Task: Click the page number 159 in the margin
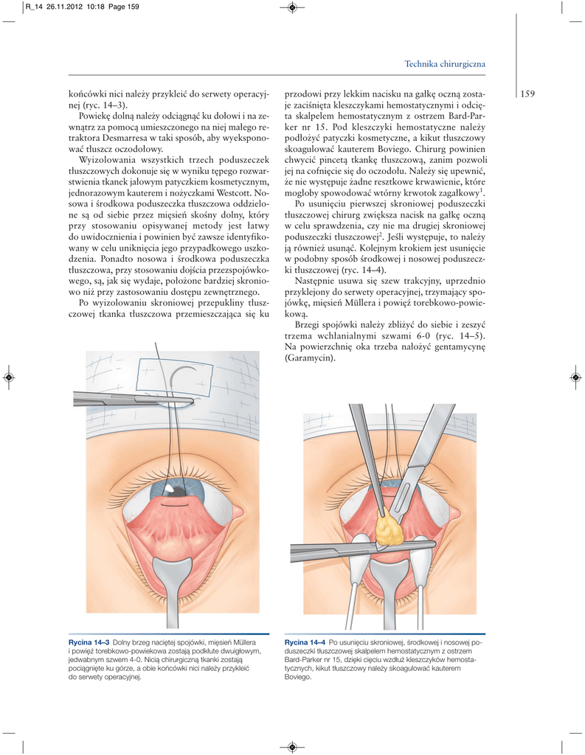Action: click(527, 94)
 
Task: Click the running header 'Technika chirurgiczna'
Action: click(445, 65)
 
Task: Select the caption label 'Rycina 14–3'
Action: click(89, 644)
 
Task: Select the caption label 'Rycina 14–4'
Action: click(305, 644)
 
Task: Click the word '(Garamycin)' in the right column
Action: click(309, 359)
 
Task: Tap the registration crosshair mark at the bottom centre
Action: click(292, 746)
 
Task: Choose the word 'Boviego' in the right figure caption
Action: click(299, 677)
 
